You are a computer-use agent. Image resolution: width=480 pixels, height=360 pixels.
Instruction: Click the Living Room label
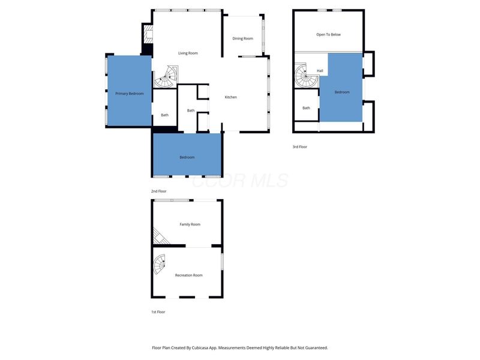(188, 53)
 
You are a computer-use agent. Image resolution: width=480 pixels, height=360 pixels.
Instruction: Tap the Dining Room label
(243, 38)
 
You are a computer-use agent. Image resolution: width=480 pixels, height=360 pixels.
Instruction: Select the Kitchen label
(231, 97)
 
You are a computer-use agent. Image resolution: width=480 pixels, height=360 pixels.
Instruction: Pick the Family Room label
(190, 224)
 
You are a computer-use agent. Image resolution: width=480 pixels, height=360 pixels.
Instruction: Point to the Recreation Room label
(188, 275)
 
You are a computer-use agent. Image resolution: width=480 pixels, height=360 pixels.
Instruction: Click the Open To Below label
(328, 35)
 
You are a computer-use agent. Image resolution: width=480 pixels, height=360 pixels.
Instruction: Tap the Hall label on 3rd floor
(320, 71)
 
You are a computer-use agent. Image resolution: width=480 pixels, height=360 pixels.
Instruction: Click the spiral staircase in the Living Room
(166, 77)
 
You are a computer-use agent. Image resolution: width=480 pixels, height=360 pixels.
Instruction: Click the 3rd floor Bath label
(306, 108)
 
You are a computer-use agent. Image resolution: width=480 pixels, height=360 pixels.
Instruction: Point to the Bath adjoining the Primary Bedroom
(164, 115)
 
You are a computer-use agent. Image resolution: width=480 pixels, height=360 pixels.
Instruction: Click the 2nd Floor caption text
(159, 191)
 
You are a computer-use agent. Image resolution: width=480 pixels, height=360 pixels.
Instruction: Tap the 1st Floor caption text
(158, 312)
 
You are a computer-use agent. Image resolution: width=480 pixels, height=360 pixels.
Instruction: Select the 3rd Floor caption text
(299, 146)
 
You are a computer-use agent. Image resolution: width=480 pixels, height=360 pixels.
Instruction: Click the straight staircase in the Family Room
(161, 238)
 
